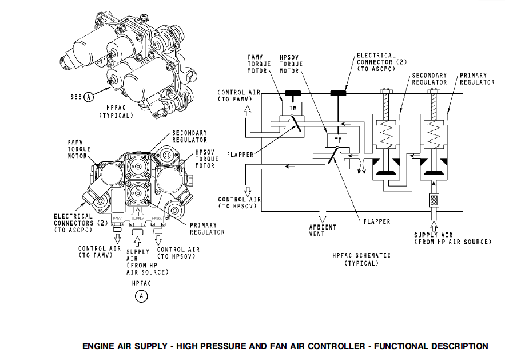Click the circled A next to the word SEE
(x=89, y=97)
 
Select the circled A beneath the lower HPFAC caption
(x=141, y=296)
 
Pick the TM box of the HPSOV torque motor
(x=334, y=139)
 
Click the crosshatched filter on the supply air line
(x=434, y=201)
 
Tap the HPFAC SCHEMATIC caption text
(x=361, y=259)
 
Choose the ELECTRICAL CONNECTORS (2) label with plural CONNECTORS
(x=73, y=223)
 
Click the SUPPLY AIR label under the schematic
(x=452, y=238)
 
